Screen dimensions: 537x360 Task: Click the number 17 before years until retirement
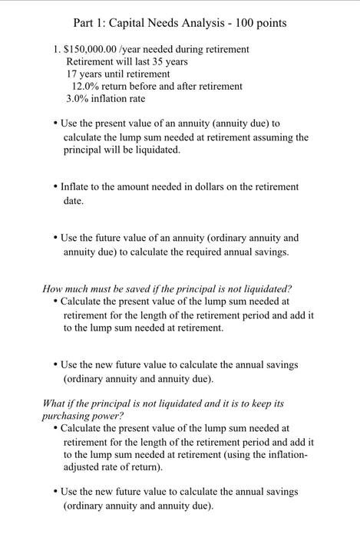[72, 74]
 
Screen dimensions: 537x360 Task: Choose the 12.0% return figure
[86, 86]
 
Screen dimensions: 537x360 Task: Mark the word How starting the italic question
[52, 289]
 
